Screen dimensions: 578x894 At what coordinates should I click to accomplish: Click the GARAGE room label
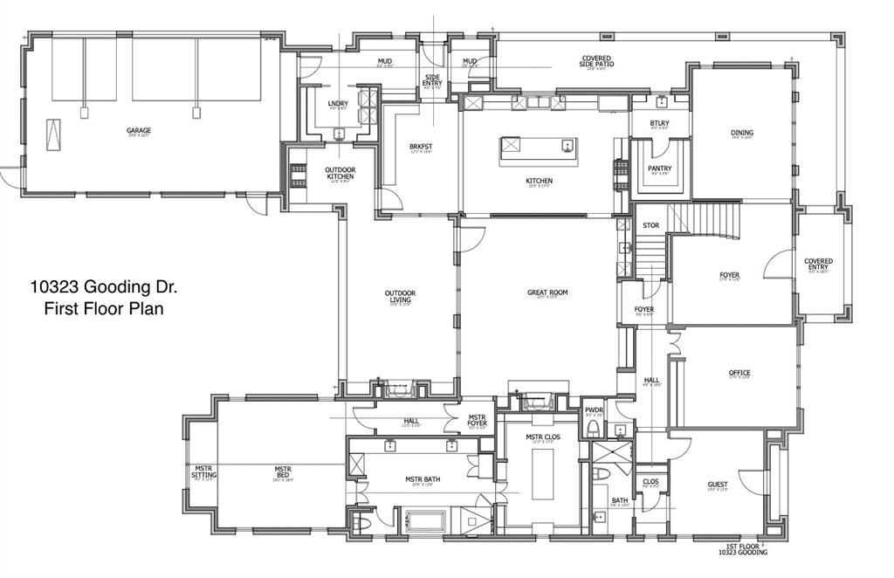pyautogui.click(x=139, y=131)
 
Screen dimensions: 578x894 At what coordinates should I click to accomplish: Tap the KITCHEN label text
pyautogui.click(x=539, y=181)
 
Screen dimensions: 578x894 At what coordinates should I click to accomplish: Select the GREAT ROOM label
pyautogui.click(x=547, y=292)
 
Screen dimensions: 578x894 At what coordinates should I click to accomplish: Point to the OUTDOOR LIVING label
pyautogui.click(x=400, y=296)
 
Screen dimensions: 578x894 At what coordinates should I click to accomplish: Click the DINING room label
pyautogui.click(x=741, y=134)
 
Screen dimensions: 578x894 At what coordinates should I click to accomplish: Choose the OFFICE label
pyautogui.click(x=739, y=373)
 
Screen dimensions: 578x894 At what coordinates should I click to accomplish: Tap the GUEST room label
pyautogui.click(x=718, y=485)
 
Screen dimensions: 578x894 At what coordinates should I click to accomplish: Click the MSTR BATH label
pyautogui.click(x=425, y=479)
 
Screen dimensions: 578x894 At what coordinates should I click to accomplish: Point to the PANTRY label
pyautogui.click(x=659, y=169)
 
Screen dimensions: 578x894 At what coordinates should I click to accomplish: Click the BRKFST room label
pyautogui.click(x=422, y=147)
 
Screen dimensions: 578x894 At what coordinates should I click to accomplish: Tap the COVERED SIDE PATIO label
pyautogui.click(x=596, y=61)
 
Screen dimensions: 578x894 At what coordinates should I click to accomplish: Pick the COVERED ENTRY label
pyautogui.click(x=818, y=264)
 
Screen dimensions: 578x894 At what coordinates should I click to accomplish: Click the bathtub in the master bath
pyautogui.click(x=427, y=521)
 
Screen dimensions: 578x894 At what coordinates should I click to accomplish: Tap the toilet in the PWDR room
pyautogui.click(x=594, y=429)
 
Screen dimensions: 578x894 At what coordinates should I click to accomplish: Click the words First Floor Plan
pyautogui.click(x=104, y=308)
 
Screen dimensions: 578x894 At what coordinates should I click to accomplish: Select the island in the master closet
pyautogui.click(x=542, y=471)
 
